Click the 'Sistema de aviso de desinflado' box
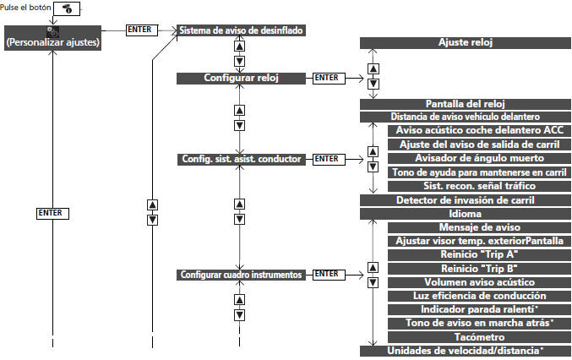tap(241, 30)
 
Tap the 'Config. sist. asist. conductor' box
tap(241, 158)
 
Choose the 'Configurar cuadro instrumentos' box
tap(241, 275)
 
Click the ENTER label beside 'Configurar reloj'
tap(326, 78)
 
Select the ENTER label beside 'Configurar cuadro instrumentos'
tap(326, 275)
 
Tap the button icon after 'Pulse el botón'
tap(66, 8)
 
